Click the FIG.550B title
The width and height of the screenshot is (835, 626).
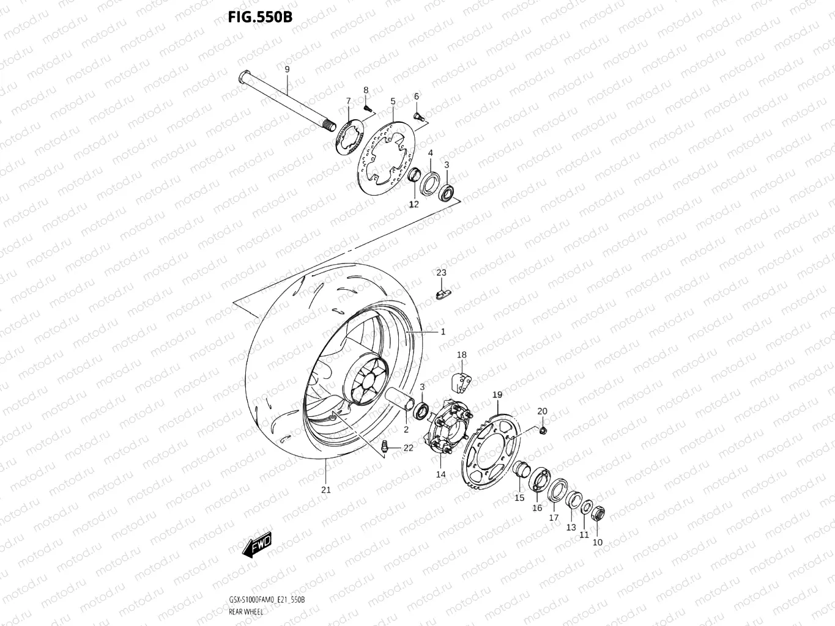pos(260,17)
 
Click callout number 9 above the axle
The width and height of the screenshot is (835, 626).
pos(287,69)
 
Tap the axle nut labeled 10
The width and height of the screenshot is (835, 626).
pos(598,514)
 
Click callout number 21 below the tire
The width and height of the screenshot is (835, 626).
pos(326,489)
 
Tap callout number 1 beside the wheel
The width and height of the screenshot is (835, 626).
pos(443,332)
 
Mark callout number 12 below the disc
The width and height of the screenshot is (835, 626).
pos(414,204)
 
